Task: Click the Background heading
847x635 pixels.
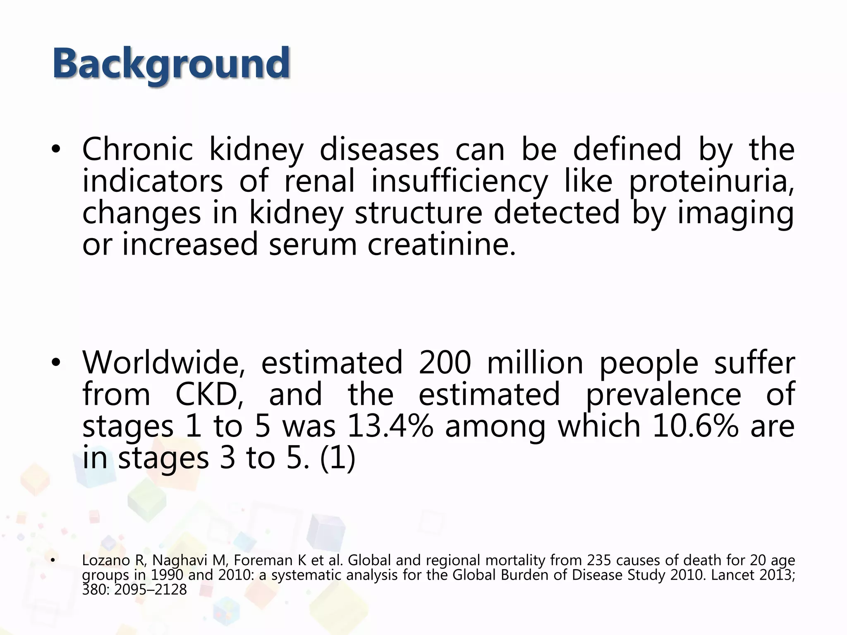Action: click(x=171, y=64)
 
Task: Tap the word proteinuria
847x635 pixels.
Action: click(x=711, y=182)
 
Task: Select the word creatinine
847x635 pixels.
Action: click(x=442, y=245)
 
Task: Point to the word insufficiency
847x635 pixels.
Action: click(x=459, y=182)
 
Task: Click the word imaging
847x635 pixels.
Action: click(x=735, y=214)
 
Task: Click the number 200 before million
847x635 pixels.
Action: click(x=445, y=363)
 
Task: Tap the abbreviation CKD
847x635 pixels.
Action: click(x=209, y=394)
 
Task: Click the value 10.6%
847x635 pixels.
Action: click(x=695, y=426)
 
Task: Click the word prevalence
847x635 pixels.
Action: click(x=663, y=394)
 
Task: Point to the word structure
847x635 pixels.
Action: click(x=418, y=214)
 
